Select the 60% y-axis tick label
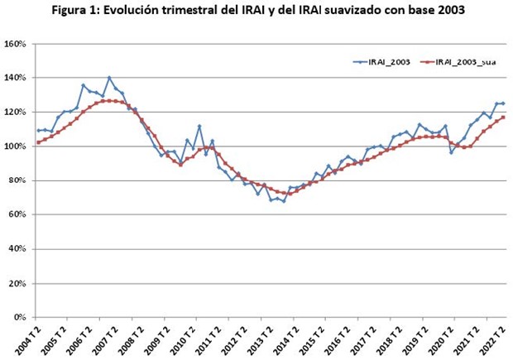coord(17,215)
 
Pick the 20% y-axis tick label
coord(17,284)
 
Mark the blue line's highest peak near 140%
coord(109,78)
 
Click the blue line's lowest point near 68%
coord(284,201)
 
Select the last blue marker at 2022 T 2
coord(504,103)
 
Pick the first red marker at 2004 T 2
coord(37,142)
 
